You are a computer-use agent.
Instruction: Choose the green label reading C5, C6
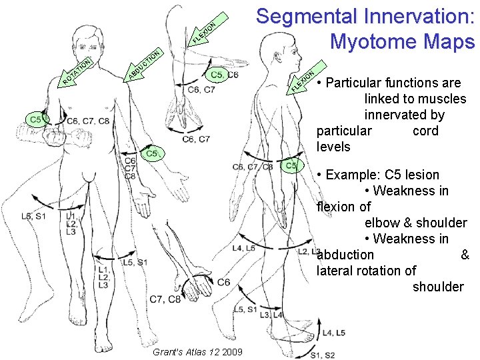(x=223, y=75)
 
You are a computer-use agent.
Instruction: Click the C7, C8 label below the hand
(x=165, y=299)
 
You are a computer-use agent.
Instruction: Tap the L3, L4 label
(x=272, y=315)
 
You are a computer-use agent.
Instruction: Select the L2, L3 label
(x=309, y=251)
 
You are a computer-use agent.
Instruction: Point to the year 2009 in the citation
(x=233, y=351)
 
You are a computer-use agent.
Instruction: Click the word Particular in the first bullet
(x=359, y=83)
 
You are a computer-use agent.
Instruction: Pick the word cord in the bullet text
(x=425, y=131)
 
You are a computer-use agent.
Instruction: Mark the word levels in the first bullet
(x=333, y=147)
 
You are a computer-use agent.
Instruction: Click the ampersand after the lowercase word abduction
(x=465, y=255)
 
